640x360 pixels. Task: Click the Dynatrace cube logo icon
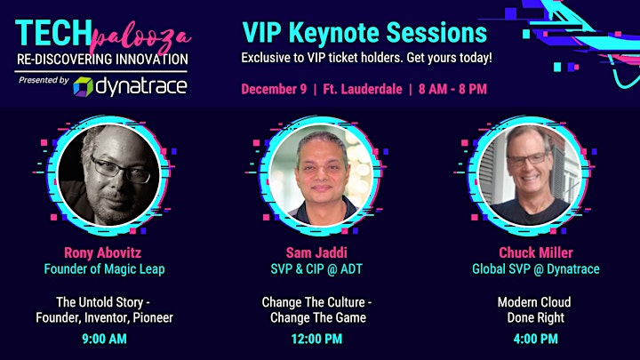pos(83,87)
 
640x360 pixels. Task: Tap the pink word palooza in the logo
pos(140,38)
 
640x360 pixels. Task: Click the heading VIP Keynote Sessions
pos(364,32)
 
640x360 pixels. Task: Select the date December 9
pos(274,89)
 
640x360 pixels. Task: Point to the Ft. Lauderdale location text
pos(363,89)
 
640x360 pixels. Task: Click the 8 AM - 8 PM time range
pos(452,89)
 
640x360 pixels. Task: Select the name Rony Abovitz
pos(103,252)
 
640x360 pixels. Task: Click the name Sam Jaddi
pos(316,252)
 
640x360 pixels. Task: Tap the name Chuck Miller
pos(536,252)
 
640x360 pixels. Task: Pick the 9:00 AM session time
pos(105,339)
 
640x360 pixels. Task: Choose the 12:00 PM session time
pos(316,339)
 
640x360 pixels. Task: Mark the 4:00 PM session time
pos(535,339)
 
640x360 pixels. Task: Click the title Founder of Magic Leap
pos(105,269)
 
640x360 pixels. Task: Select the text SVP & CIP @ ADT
pos(316,269)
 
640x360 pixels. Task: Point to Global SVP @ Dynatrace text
pos(536,269)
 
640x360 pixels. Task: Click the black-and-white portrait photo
pos(108,175)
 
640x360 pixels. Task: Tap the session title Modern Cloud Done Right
pos(535,310)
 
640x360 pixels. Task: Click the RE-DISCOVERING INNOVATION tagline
pos(102,60)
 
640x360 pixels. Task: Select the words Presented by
pos(44,80)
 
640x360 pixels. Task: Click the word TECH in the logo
pos(53,33)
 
